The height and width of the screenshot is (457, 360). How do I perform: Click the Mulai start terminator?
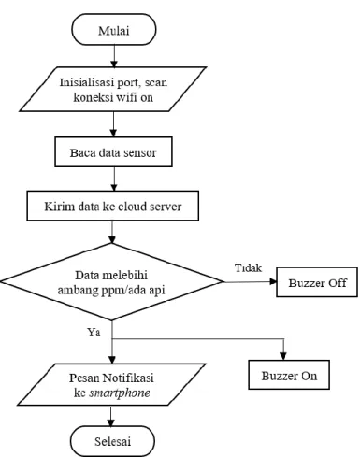pyautogui.click(x=114, y=30)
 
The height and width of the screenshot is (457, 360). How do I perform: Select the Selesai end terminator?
pyautogui.click(x=112, y=441)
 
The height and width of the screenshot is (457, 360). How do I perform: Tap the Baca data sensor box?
pyautogui.click(x=113, y=152)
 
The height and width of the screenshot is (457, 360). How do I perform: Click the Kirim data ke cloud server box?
pyautogui.click(x=112, y=206)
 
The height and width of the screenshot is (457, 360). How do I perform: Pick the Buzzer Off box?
pyautogui.click(x=317, y=282)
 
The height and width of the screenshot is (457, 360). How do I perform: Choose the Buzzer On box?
pyautogui.click(x=289, y=375)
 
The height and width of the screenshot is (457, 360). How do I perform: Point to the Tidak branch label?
pyautogui.click(x=248, y=268)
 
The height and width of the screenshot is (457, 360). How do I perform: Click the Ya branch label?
pyautogui.click(x=94, y=332)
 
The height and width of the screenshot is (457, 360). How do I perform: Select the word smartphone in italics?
pyautogui.click(x=120, y=393)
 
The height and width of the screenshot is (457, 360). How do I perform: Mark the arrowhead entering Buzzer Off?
pyautogui.click(x=273, y=281)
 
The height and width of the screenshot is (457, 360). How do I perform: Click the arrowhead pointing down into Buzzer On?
pyautogui.click(x=283, y=356)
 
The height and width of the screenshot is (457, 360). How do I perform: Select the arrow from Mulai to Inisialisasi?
pyautogui.click(x=114, y=56)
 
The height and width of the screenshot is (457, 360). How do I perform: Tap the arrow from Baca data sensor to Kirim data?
pyautogui.click(x=114, y=179)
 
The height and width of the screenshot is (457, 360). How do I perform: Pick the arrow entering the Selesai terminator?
pyautogui.click(x=111, y=416)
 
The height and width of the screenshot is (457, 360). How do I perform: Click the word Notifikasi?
pyautogui.click(x=128, y=378)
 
